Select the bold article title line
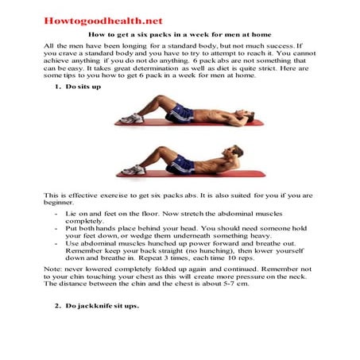coord(180,36)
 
